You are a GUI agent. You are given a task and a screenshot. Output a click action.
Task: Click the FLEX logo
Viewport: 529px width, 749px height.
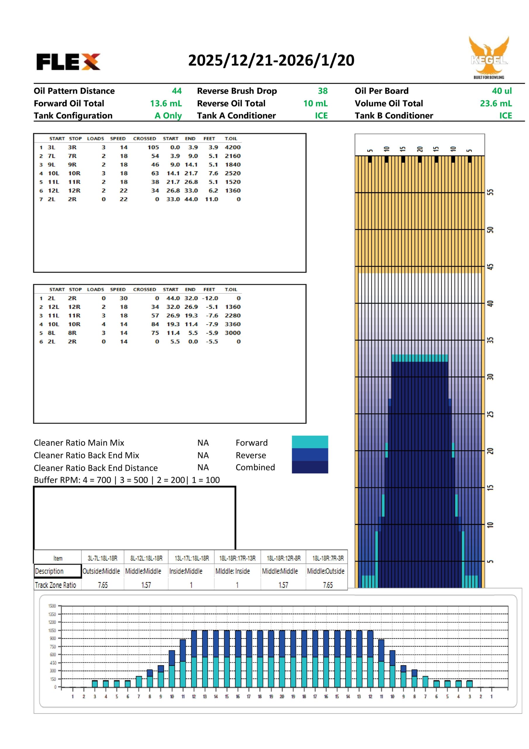pyautogui.click(x=68, y=62)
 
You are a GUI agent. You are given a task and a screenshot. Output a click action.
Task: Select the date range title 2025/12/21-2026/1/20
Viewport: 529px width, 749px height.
pyautogui.click(x=271, y=60)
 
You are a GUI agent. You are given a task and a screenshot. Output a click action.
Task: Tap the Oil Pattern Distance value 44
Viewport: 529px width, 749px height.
pyautogui.click(x=176, y=91)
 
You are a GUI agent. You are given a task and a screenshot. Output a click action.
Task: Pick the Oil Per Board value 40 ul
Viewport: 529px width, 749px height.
pyautogui.click(x=502, y=91)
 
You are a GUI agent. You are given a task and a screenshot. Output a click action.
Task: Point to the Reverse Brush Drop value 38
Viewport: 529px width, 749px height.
pyautogui.click(x=323, y=91)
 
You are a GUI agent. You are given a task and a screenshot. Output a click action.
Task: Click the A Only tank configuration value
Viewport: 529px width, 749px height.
pyautogui.click(x=168, y=116)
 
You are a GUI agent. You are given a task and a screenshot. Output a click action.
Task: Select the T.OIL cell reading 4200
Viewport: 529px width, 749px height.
pyautogui.click(x=232, y=147)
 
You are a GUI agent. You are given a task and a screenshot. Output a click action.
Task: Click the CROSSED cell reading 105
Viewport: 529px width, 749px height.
pyautogui.click(x=153, y=147)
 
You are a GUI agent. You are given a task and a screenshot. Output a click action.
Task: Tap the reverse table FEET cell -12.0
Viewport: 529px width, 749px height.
pyautogui.click(x=210, y=298)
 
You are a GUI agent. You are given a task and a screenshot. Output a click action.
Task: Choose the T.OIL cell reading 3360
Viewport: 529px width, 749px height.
pyautogui.click(x=232, y=324)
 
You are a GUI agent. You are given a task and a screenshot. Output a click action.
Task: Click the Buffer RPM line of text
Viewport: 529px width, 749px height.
pyautogui.click(x=127, y=480)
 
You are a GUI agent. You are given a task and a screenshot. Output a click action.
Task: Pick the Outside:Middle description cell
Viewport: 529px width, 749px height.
pyautogui.click(x=101, y=571)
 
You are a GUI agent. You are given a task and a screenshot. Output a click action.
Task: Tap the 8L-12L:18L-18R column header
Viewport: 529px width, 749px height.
pyautogui.click(x=146, y=558)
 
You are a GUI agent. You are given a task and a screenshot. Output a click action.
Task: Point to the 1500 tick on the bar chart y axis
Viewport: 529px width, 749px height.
pyautogui.click(x=52, y=606)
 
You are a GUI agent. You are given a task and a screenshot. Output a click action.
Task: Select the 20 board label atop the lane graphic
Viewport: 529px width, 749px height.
pyautogui.click(x=419, y=149)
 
